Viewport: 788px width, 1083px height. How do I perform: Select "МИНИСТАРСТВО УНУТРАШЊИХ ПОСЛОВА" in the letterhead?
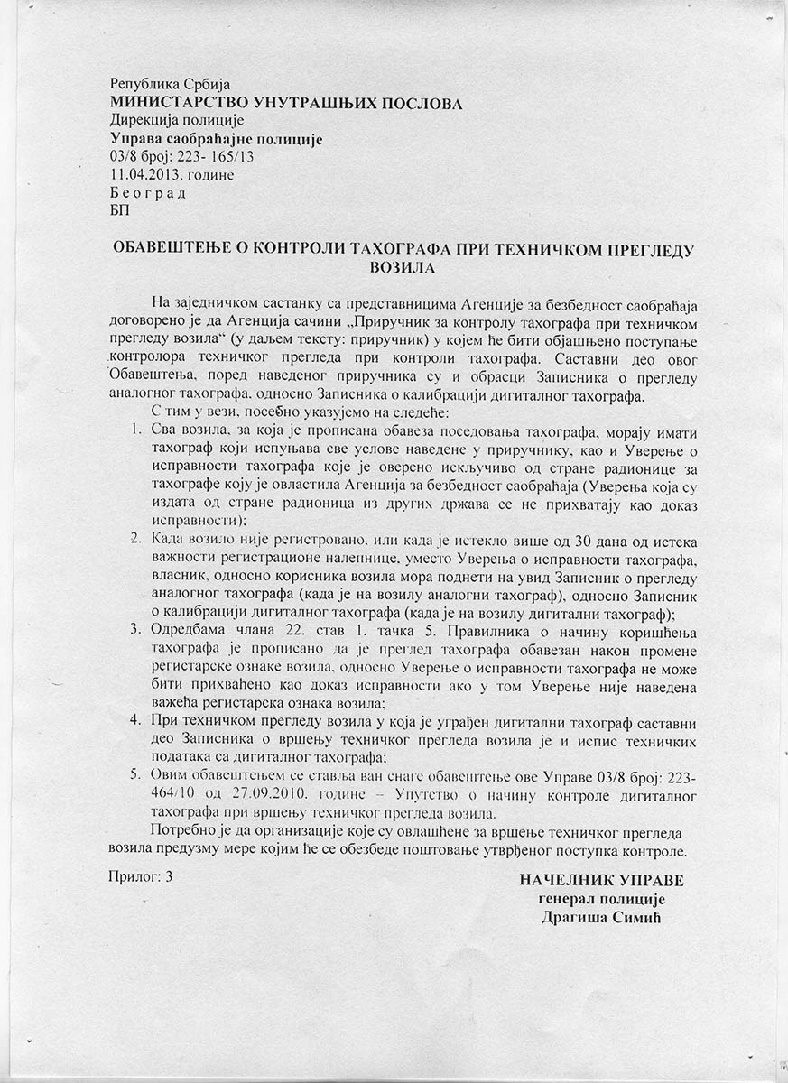coord(286,103)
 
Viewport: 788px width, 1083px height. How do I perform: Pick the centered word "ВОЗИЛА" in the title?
coord(403,267)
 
